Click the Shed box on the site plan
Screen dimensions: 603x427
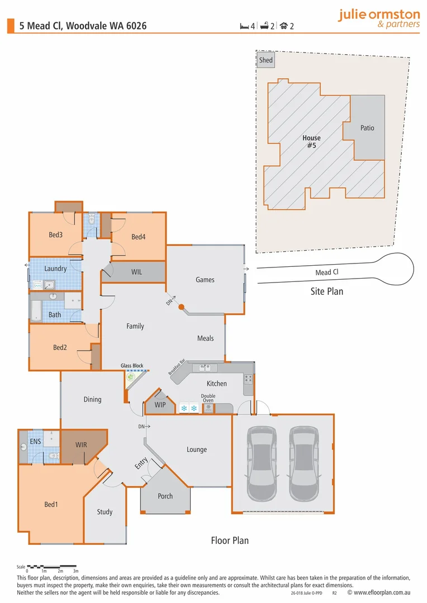click(x=266, y=60)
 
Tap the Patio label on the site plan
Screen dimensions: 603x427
click(x=367, y=128)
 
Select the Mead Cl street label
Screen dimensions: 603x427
click(x=327, y=272)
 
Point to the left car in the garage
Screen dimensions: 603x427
click(x=262, y=463)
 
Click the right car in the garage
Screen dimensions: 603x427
click(x=303, y=463)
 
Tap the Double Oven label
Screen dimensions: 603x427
click(x=208, y=398)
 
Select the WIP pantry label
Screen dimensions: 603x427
click(x=160, y=404)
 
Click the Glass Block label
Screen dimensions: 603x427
click(x=132, y=366)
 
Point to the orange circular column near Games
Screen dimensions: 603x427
click(x=181, y=307)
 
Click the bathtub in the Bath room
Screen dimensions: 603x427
click(x=36, y=311)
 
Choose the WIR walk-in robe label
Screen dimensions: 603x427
click(x=82, y=446)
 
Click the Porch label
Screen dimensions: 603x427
click(x=165, y=496)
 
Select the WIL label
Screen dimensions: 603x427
click(x=136, y=272)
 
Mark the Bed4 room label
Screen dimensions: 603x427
click(x=139, y=237)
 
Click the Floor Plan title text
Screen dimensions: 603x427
click(x=230, y=540)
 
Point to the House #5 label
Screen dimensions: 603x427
click(x=311, y=141)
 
